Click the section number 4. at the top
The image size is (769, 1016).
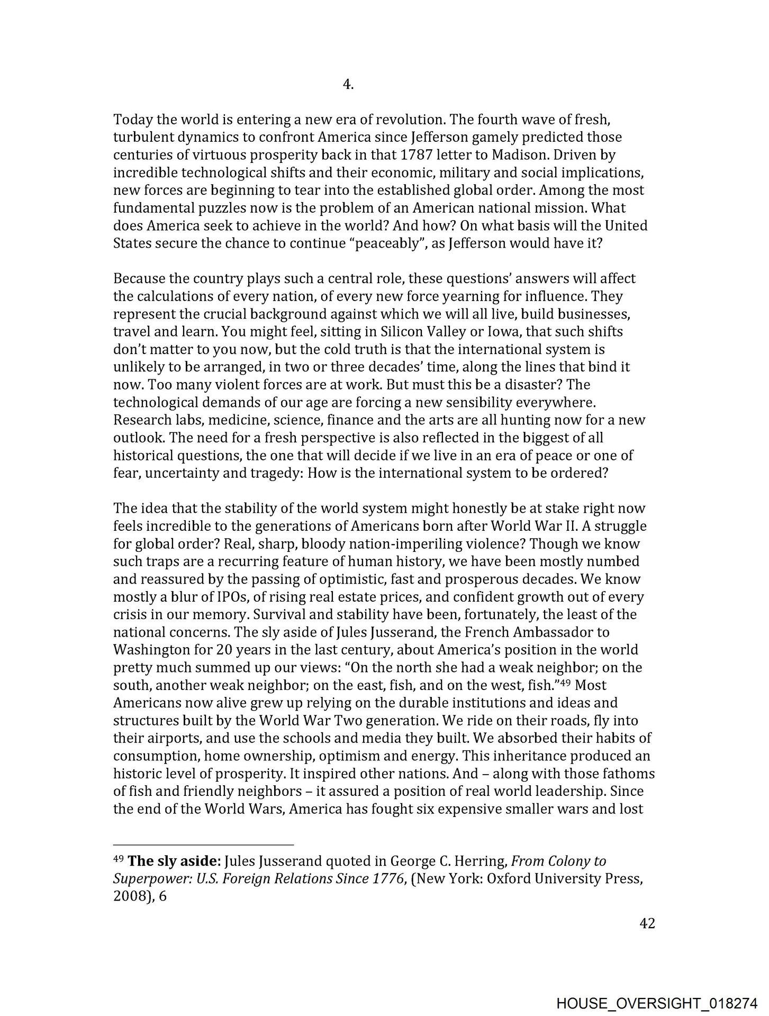coord(348,85)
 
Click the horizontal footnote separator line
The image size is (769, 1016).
coord(203,845)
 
